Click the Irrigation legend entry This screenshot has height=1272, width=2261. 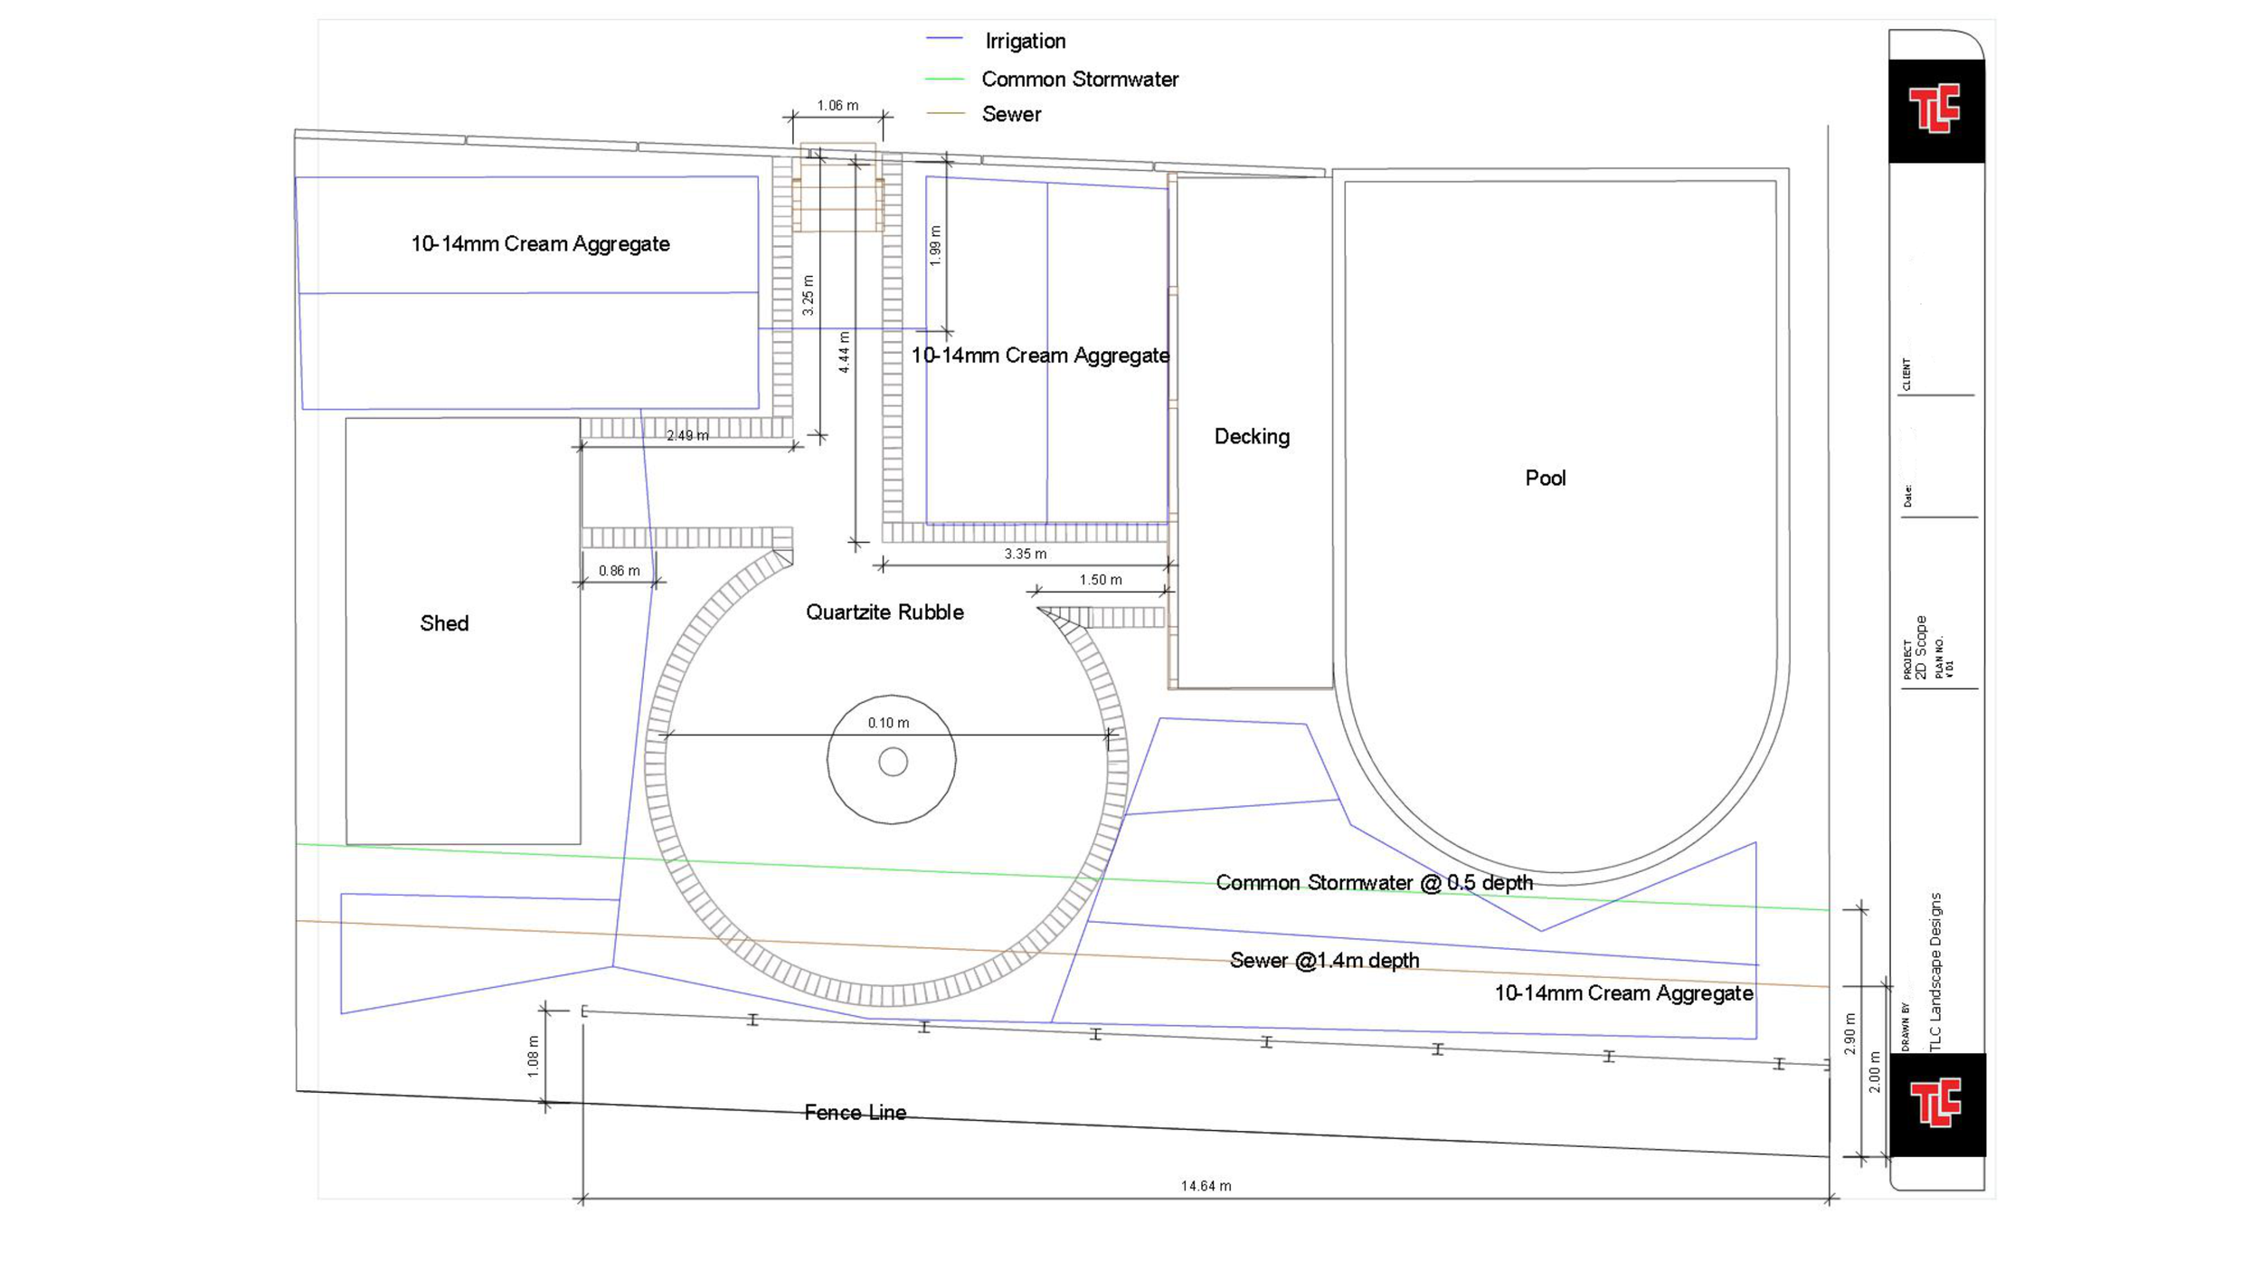point(1024,41)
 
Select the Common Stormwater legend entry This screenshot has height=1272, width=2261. point(1079,80)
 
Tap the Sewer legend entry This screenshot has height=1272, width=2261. point(1010,114)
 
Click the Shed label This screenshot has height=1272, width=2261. point(444,623)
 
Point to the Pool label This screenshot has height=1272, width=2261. point(1545,478)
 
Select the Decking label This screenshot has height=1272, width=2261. point(1252,437)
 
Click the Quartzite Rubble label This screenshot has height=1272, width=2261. point(885,612)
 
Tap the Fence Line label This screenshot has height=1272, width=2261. point(855,1113)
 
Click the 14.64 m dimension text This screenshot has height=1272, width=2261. point(1206,1186)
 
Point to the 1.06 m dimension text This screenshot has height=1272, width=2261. point(837,106)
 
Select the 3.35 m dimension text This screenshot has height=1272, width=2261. point(1025,554)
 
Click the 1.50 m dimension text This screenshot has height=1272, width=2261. point(1100,580)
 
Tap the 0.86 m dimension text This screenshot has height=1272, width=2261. point(619,571)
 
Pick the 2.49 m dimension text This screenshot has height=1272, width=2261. point(687,436)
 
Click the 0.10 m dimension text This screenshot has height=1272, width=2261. point(888,723)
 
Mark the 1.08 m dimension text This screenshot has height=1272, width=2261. point(533,1056)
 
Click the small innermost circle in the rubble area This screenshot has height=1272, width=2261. point(893,762)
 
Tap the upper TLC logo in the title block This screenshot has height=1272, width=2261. point(1935,109)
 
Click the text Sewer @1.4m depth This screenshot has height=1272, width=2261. point(1324,961)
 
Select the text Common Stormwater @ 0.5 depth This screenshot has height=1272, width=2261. point(1374,883)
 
